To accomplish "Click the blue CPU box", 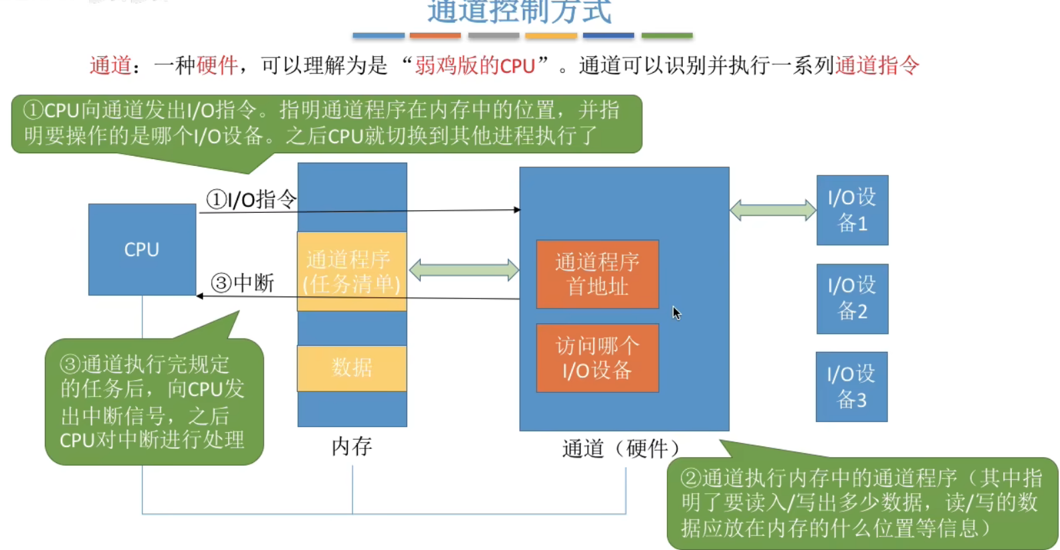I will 142,249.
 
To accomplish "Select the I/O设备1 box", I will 852,210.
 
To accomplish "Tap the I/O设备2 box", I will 852,298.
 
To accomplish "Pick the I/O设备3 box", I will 851,387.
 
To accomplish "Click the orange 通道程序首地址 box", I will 597,274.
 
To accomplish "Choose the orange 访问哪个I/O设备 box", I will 597,358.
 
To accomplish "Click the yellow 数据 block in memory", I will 352,368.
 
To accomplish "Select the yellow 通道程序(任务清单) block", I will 352,271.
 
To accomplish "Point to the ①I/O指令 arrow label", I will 251,199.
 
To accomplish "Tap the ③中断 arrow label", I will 243,283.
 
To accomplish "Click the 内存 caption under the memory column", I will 352,446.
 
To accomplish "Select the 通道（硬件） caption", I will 621,448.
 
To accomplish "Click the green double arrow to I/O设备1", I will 772,210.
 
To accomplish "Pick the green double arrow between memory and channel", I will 463,270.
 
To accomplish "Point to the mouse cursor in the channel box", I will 676,312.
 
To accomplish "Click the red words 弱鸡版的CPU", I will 475,66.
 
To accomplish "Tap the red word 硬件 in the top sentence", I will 217,66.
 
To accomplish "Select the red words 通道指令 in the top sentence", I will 877,66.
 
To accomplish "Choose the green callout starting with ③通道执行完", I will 153,401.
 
